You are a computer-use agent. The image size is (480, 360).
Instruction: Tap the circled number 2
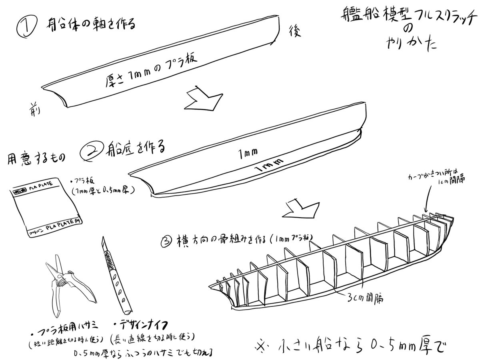click(x=92, y=152)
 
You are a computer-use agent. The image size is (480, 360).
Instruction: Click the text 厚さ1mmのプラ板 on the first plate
click(x=152, y=70)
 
